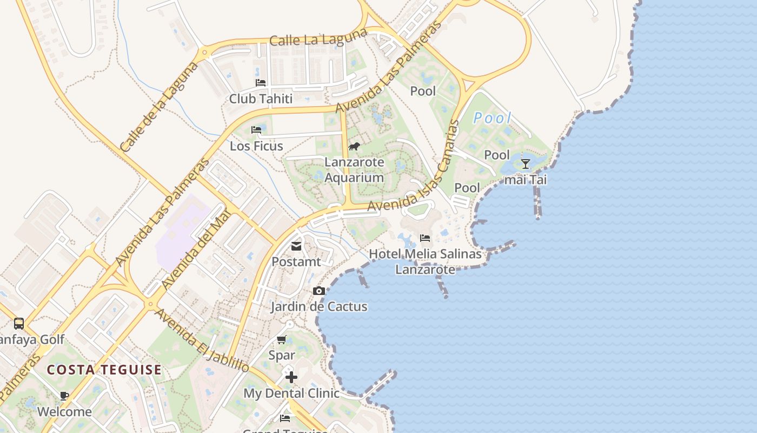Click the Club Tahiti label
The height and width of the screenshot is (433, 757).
click(x=261, y=99)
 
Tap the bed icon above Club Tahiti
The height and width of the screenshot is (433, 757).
click(x=261, y=83)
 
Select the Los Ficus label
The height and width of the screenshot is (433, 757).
click(x=256, y=146)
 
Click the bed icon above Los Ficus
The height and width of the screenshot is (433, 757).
click(x=256, y=130)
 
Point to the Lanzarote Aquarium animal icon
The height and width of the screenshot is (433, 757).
click(x=354, y=146)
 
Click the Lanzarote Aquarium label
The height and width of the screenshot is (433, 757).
click(x=354, y=169)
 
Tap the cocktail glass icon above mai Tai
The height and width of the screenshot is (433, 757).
click(x=526, y=163)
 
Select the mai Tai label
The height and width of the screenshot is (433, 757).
click(x=526, y=180)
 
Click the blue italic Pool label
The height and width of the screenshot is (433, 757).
click(x=492, y=118)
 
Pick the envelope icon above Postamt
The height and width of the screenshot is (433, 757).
click(x=296, y=246)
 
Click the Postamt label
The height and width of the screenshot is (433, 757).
click(x=296, y=262)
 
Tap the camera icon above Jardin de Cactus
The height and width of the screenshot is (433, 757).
click(x=319, y=291)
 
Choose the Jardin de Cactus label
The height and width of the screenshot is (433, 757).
click(x=319, y=307)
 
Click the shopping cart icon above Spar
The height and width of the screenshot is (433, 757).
click(x=282, y=340)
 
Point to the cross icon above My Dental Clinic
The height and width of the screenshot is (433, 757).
click(x=291, y=377)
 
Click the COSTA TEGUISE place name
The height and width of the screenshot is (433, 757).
click(x=104, y=370)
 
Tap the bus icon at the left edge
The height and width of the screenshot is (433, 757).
click(x=19, y=324)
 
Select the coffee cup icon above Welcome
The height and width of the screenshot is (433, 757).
click(x=64, y=396)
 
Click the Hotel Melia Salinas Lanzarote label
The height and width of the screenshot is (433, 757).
click(x=425, y=261)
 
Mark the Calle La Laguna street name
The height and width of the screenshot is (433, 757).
click(x=318, y=38)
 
